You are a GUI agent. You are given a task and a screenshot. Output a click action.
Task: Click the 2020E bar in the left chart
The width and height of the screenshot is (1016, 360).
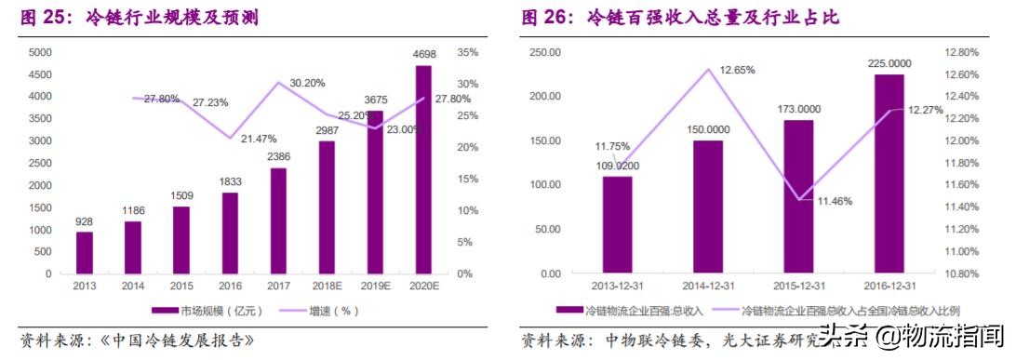tap(423, 169)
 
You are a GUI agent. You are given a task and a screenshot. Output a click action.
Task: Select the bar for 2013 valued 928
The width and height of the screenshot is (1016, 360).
tap(85, 252)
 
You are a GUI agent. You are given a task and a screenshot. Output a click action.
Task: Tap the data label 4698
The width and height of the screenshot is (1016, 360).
tap(423, 55)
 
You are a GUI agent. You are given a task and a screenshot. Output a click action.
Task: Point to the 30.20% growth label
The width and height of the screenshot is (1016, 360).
tap(307, 83)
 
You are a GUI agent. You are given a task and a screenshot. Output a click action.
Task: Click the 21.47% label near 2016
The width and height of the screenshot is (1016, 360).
tap(260, 139)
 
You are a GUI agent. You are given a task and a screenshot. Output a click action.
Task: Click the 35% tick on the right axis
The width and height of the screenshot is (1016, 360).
tap(467, 52)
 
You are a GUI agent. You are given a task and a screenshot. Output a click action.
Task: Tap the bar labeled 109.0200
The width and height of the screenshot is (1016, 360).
tap(617, 224)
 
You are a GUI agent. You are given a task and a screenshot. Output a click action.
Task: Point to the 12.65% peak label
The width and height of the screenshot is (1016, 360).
tap(737, 70)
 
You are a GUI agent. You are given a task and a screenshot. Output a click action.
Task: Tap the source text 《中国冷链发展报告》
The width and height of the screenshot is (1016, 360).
tap(168, 340)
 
